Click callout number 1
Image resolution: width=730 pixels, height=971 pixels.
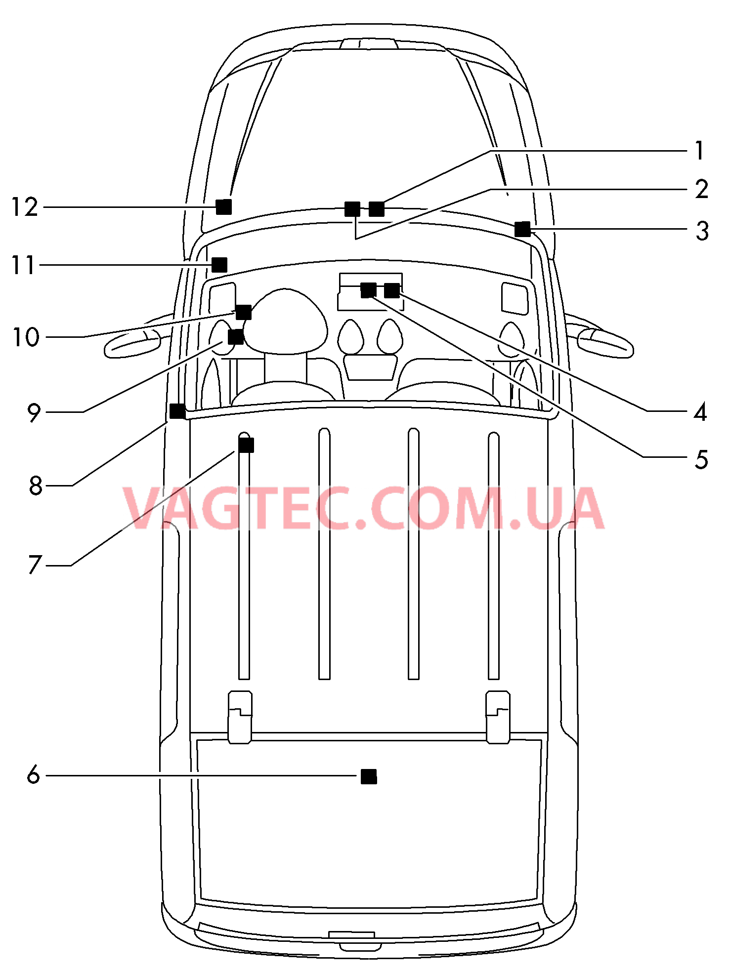[x=699, y=150]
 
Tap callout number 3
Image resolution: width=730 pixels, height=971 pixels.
[x=702, y=231]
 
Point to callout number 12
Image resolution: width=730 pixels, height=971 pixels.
[x=24, y=207]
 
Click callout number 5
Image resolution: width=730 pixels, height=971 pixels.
[x=701, y=459]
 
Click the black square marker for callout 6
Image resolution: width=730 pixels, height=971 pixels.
[x=369, y=776]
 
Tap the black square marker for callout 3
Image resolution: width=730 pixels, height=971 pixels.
[x=522, y=229]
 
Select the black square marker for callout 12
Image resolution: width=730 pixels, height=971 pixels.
[x=224, y=207]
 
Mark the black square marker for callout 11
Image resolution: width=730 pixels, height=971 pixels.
[x=219, y=265]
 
